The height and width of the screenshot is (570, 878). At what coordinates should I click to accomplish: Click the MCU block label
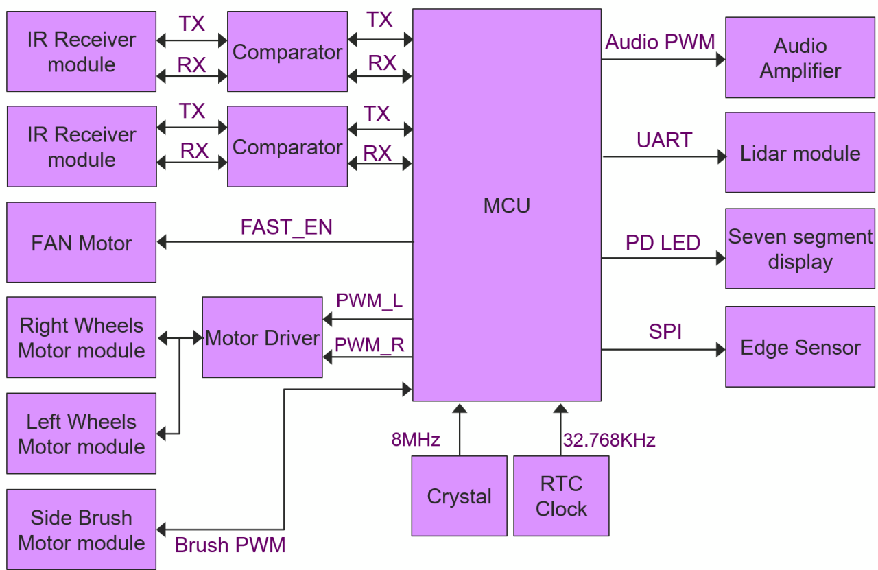(x=506, y=205)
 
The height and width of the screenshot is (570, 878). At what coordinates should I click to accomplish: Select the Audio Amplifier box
(x=800, y=58)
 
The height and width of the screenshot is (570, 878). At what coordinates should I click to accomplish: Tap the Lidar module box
(x=800, y=153)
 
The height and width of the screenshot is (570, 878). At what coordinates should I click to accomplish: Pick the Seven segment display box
(x=800, y=249)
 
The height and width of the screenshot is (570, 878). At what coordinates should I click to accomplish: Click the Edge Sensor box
(x=800, y=347)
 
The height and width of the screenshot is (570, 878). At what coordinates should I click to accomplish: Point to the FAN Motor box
(x=81, y=243)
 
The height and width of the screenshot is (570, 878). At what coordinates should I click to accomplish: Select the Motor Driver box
(x=262, y=337)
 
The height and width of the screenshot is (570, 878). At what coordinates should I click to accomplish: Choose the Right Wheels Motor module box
(x=81, y=338)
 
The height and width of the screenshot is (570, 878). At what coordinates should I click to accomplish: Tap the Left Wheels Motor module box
(x=81, y=434)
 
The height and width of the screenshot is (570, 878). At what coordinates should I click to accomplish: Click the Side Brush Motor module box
(x=81, y=530)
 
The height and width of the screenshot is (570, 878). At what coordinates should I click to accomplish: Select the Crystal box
(x=459, y=496)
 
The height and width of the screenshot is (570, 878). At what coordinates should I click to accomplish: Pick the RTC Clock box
(x=561, y=496)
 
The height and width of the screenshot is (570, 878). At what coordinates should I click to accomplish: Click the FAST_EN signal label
(x=286, y=227)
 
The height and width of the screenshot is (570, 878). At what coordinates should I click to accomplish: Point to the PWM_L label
(x=369, y=301)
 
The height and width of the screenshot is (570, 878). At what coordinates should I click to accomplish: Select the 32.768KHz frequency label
(x=609, y=440)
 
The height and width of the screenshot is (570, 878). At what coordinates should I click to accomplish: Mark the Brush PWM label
(x=230, y=545)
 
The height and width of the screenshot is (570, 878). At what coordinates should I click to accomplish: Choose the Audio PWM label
(x=660, y=42)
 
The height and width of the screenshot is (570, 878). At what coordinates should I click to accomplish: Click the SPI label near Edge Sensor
(x=665, y=332)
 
